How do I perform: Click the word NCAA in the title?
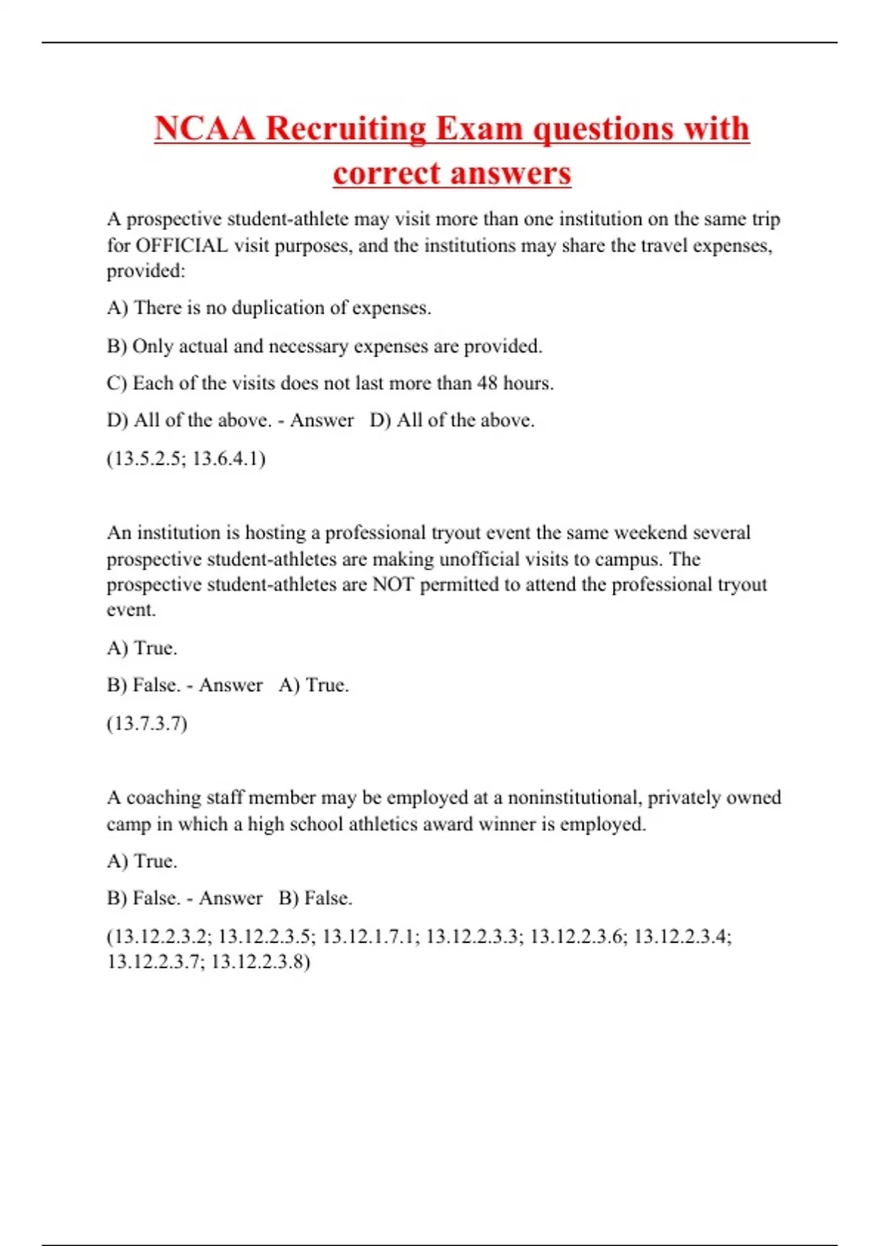[x=205, y=128]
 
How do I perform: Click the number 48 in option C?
[x=487, y=383]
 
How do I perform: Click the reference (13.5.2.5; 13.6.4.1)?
[x=186, y=459]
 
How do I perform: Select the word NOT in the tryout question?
[x=395, y=584]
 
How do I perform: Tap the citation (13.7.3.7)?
[x=147, y=723]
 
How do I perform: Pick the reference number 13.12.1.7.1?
[x=371, y=936]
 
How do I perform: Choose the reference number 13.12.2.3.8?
[x=260, y=962]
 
